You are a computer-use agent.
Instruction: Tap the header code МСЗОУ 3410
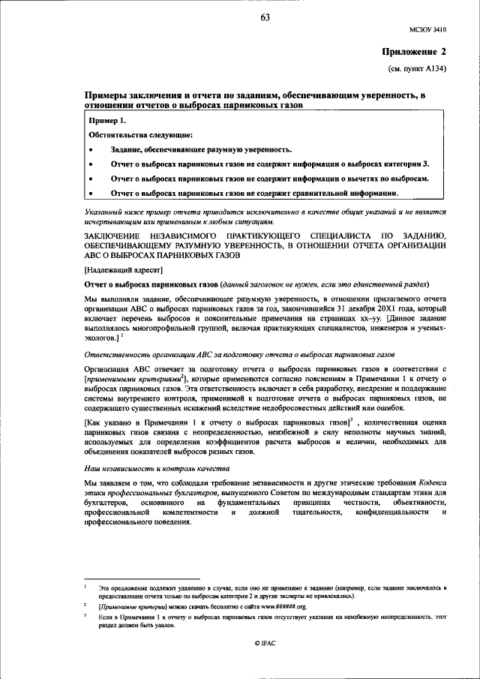pyautogui.click(x=427, y=30)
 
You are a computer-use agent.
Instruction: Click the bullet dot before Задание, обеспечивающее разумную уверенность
pyautogui.click(x=91, y=149)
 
